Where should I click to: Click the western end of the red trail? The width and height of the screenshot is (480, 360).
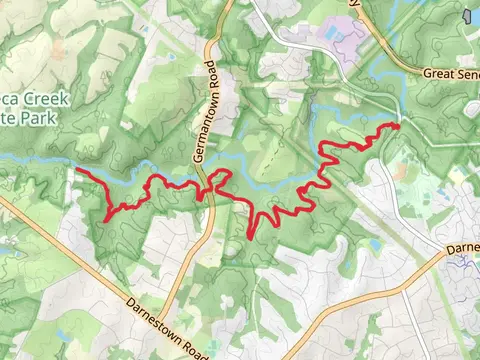pyautogui.click(x=77, y=171)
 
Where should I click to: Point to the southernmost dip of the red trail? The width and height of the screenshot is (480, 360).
pyautogui.click(x=249, y=237)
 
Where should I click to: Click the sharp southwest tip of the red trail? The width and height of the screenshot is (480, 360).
pyautogui.click(x=107, y=218)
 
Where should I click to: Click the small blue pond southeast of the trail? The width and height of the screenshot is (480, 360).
pyautogui.click(x=376, y=243)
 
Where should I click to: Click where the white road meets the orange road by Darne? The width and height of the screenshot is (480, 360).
pyautogui.click(x=441, y=256)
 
